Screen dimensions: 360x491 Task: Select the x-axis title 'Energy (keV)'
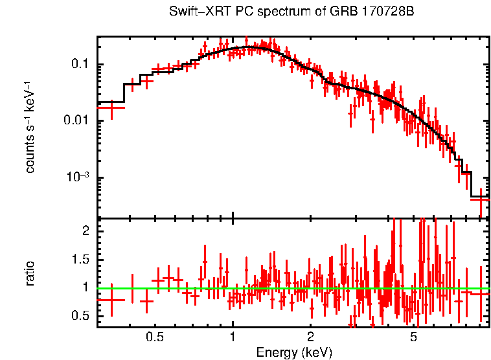[294, 352]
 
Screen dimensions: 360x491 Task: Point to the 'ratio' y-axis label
[30, 273]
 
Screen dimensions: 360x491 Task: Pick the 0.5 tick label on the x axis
[154, 337]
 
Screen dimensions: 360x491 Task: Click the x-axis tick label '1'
[233, 337]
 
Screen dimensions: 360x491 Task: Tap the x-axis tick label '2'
[311, 337]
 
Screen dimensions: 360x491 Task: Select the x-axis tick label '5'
[414, 337]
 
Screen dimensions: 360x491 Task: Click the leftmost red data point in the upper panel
[111, 107]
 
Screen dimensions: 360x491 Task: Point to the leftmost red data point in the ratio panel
[111, 300]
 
